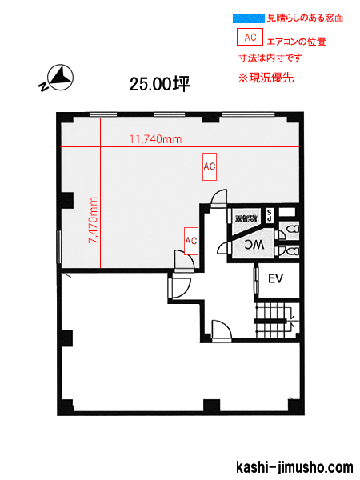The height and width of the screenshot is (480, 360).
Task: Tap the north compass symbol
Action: pos(56,78)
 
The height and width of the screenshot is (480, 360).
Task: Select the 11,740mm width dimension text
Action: pos(155,139)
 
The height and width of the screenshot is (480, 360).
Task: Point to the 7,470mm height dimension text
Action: pos(93,223)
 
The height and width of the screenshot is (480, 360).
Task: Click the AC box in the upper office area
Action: pos(210,167)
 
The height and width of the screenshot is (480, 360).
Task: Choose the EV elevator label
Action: pos(276,279)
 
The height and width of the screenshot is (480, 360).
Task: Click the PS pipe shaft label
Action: pos(270,215)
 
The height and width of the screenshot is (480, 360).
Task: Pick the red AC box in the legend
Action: pos(250,37)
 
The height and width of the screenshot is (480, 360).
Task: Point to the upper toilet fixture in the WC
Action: pos(291,230)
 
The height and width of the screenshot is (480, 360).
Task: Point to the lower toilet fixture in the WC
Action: pos(291,250)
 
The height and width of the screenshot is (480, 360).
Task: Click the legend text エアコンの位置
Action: pos(297,40)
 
